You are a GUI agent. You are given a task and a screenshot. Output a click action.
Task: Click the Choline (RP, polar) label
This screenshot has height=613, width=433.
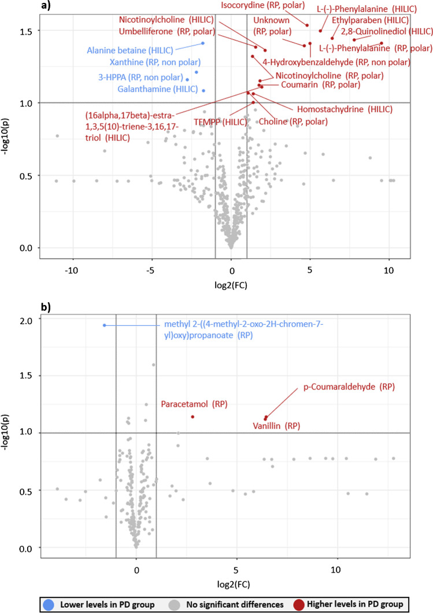point(293,121)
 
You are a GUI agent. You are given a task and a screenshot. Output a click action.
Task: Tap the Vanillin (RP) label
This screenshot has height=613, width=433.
point(276,426)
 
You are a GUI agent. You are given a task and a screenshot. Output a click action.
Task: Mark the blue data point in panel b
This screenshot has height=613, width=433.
point(105,325)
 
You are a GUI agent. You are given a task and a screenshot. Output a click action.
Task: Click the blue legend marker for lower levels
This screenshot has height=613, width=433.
point(48,604)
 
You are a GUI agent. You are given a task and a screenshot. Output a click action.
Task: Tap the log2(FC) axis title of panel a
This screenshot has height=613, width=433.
point(231,285)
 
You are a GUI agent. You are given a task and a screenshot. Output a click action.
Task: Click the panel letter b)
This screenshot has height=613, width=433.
point(45,307)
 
